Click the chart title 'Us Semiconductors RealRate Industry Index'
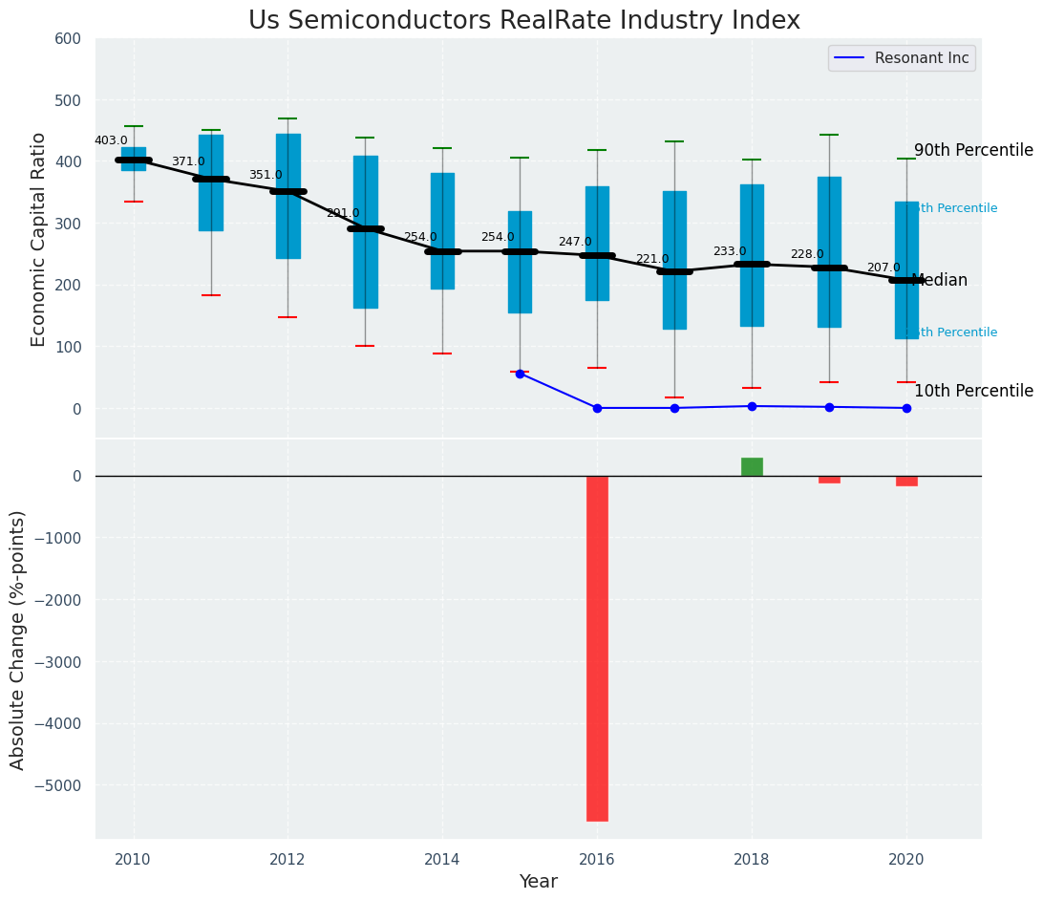[x=523, y=21]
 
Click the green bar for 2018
[x=752, y=467]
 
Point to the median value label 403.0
[x=111, y=140]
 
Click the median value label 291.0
[x=343, y=213]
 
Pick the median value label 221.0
[x=652, y=259]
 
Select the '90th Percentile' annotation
[x=973, y=151]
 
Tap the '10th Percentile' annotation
[x=973, y=391]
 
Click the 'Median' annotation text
[x=940, y=281]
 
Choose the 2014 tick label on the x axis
[x=442, y=860]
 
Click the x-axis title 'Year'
[x=538, y=882]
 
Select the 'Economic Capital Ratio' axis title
[x=38, y=239]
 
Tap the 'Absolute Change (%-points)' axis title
[x=17, y=639]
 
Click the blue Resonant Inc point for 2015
[x=520, y=374]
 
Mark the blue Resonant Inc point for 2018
[x=752, y=406]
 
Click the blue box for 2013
[x=365, y=232]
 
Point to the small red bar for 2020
[x=906, y=481]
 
